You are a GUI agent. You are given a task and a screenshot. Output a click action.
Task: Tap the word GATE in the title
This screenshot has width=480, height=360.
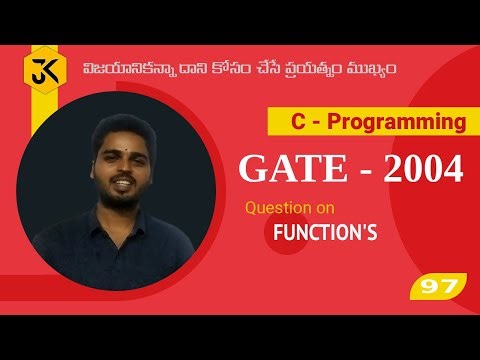[284, 169]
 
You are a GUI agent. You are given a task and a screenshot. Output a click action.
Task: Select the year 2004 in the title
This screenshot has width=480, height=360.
[419, 169]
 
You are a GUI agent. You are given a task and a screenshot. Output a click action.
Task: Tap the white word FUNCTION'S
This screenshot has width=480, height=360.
[325, 233]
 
